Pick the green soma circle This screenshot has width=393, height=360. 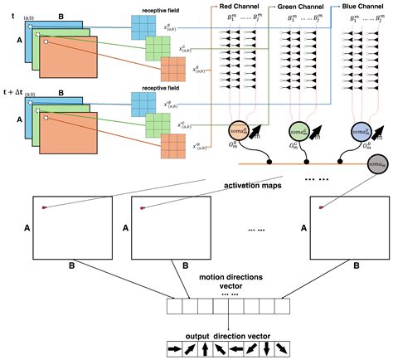click(298, 131)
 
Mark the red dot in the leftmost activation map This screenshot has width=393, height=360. click(46, 207)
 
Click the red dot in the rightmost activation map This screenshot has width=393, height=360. click(321, 207)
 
